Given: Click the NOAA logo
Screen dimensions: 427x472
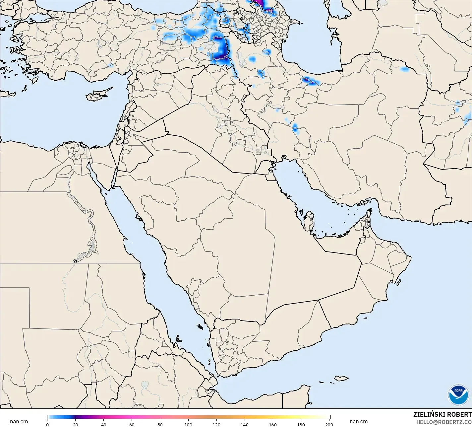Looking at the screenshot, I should point(458,394).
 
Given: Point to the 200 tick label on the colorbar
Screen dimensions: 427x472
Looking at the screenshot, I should point(329,425).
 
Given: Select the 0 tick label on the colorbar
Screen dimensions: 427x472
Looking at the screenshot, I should point(47,425).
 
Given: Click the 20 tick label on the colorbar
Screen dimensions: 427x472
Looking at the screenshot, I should point(76,425).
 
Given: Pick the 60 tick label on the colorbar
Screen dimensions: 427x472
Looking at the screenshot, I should point(132,425).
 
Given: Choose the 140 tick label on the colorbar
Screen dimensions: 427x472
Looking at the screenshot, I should point(245,425).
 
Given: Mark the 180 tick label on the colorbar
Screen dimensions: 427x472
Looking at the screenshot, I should point(301,425).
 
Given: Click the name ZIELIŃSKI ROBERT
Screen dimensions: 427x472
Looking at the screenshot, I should point(442,414).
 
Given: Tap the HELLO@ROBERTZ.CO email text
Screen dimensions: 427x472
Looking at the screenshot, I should point(444,422).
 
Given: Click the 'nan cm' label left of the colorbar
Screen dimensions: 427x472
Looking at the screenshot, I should point(19,422).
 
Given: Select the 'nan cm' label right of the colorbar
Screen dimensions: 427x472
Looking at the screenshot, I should point(358,422).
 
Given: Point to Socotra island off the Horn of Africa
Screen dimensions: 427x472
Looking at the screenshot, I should point(340,378).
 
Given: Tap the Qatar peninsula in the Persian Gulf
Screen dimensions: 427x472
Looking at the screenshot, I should point(309,221).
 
